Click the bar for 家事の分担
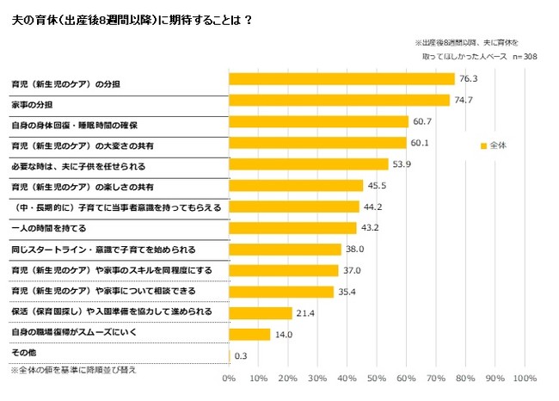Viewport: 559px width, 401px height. tap(339, 100)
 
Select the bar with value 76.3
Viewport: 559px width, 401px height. tap(341, 78)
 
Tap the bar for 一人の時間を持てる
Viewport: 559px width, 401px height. tap(292, 228)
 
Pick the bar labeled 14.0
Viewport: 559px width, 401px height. tap(249, 334)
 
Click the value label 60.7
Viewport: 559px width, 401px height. tap(422, 121)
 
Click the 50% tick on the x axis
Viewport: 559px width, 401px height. tap(377, 378)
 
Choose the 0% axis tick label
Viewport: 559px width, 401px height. tap(229, 378)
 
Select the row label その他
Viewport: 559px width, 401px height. tap(23, 353)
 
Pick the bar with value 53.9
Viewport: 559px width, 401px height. tap(308, 163)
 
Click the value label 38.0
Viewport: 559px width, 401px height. tap(355, 250)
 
